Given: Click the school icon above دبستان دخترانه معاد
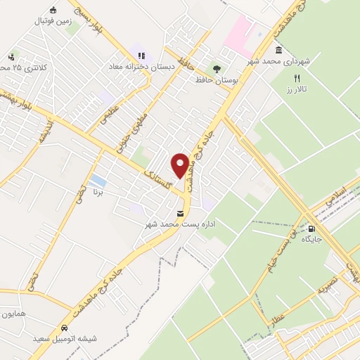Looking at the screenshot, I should coord(141,56).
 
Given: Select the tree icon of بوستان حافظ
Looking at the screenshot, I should coord(216,69).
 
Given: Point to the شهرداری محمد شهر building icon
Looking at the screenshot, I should coord(279,51).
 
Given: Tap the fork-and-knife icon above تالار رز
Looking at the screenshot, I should coord(297,78).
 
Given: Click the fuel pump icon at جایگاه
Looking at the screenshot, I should coord(311,228).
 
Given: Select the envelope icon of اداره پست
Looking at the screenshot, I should coord(180,213).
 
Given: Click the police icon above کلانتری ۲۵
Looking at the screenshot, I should coord(11,57).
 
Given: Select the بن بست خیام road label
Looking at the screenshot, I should coord(278,250).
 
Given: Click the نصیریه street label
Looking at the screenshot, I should coord(330,283).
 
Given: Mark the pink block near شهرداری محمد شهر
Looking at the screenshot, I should coord(238,32).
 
